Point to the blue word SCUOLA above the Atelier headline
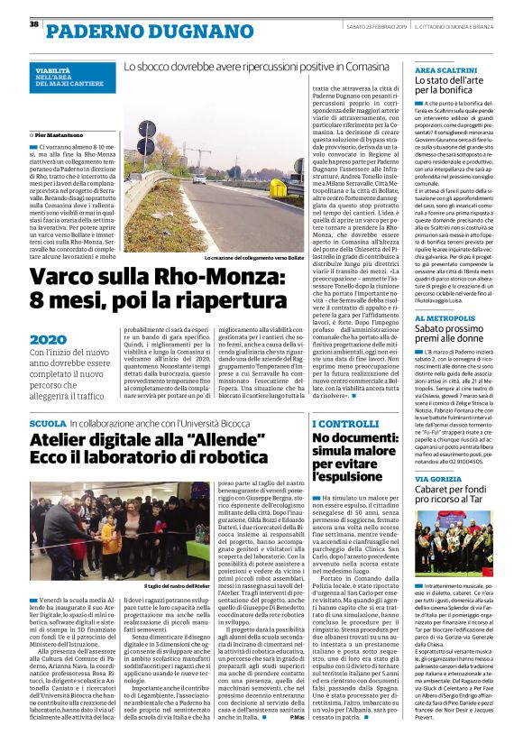[x=48, y=423]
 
